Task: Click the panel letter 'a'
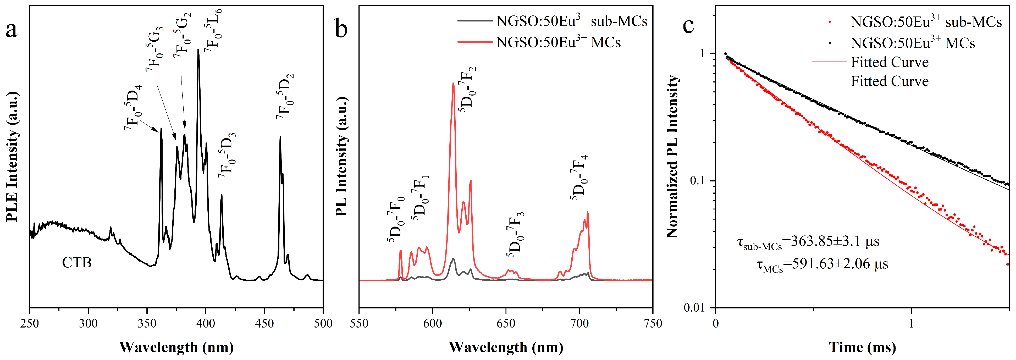point(12,30)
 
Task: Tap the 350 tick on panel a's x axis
point(147,324)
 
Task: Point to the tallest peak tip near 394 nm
point(198,50)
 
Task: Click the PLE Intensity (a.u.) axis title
point(12,157)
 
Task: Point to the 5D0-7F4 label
point(579,178)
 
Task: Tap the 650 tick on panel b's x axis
point(506,324)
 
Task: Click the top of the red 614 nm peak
point(453,84)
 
